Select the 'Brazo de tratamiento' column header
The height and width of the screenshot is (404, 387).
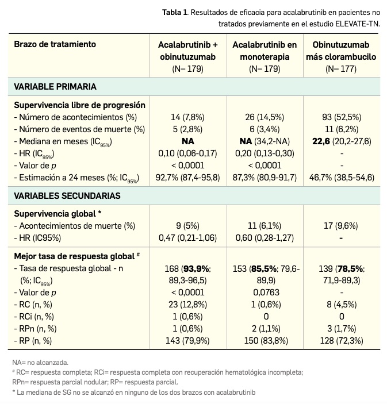point(55,44)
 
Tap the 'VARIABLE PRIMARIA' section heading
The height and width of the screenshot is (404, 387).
point(55,87)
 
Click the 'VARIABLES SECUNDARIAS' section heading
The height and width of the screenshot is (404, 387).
point(67,195)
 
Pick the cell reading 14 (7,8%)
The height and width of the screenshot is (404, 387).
point(187,117)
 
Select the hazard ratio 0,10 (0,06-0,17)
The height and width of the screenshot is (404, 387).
point(187,153)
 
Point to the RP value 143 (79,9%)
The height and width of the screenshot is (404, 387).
point(187,340)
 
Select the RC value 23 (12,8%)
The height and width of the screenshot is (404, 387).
point(187,304)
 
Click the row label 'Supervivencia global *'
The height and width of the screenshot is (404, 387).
point(58,214)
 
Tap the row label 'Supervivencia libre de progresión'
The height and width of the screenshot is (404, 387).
point(79,105)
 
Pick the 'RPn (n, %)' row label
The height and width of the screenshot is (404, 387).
point(34,328)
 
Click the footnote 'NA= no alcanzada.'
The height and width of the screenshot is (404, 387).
point(40,363)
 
